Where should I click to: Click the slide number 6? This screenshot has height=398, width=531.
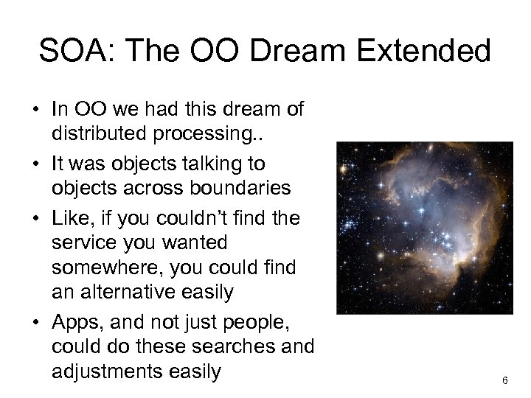click(504, 380)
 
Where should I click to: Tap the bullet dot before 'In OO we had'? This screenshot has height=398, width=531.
click(35, 111)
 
